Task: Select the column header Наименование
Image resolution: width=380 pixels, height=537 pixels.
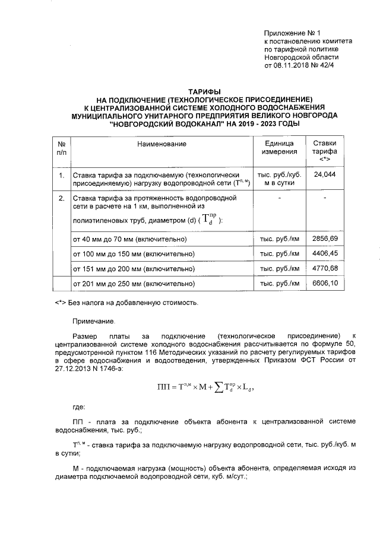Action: (x=161, y=144)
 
